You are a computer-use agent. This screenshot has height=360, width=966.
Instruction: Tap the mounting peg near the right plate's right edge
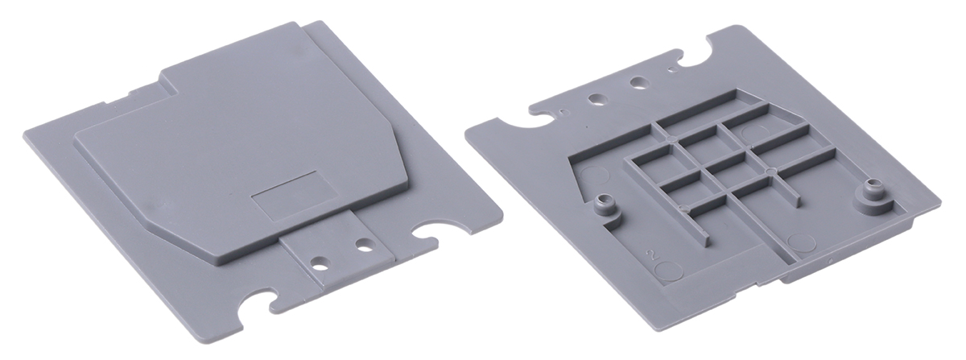point(873,192)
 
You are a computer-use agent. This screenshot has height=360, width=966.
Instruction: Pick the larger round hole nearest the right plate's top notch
point(638,82)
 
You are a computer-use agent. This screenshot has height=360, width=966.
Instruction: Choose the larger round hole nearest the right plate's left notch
point(597,100)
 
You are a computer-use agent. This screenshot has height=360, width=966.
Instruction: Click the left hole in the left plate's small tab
point(320,262)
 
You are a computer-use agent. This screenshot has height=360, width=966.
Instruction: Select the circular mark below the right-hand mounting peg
point(803,241)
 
